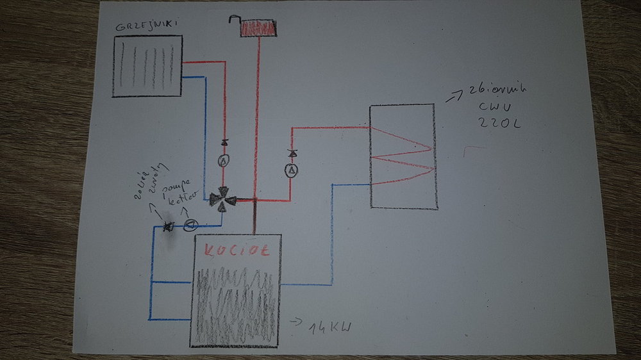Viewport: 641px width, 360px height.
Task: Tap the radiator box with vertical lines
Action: point(147,66)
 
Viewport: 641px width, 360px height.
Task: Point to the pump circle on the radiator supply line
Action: point(224,161)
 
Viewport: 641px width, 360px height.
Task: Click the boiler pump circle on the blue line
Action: point(190,225)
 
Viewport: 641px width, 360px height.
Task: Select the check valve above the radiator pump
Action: point(224,142)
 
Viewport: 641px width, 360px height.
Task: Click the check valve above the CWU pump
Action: point(291,154)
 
